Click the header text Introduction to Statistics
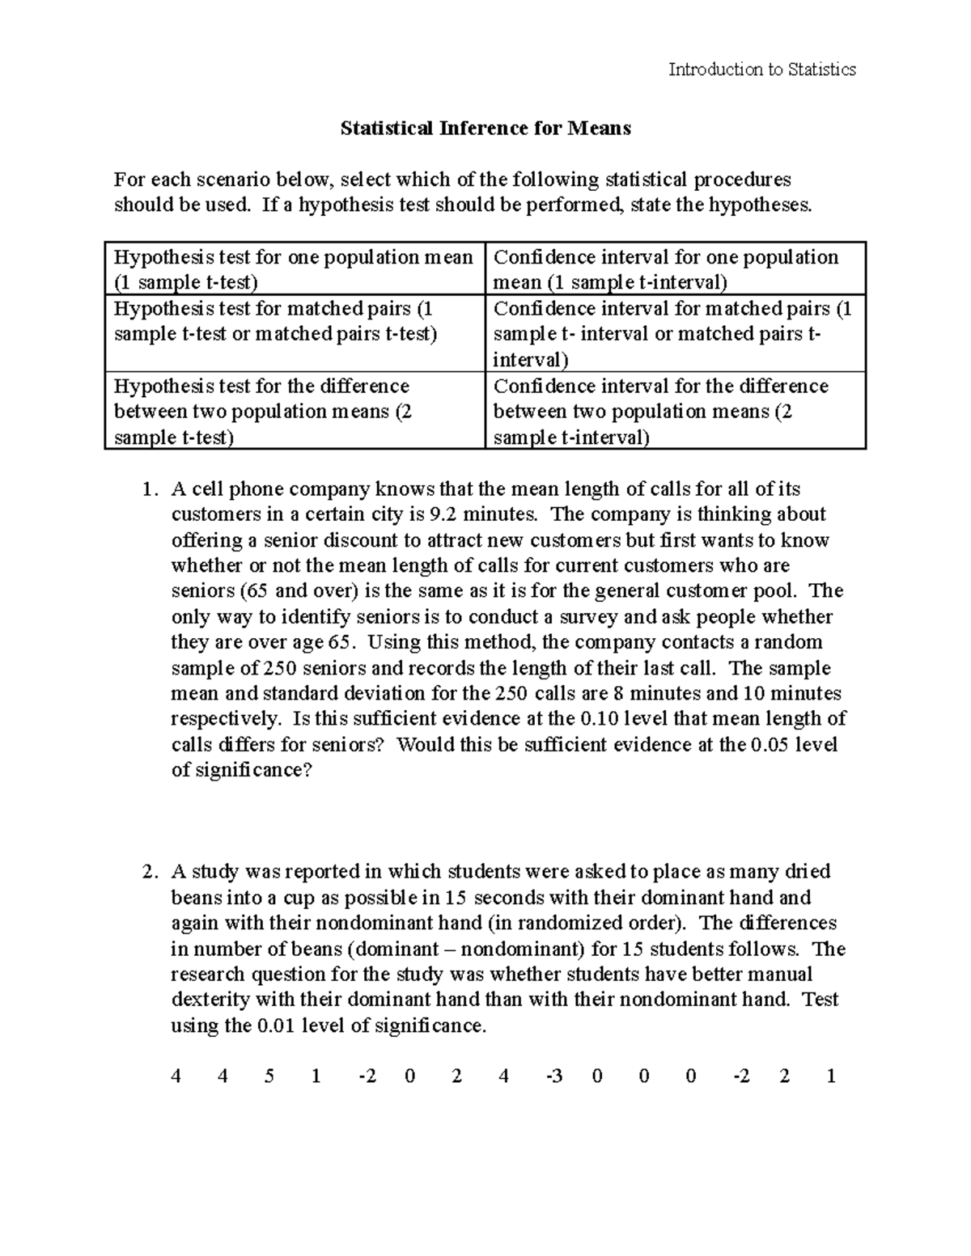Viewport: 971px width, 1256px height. point(761,70)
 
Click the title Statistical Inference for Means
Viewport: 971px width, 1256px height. point(485,128)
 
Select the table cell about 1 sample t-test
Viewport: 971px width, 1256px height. point(294,269)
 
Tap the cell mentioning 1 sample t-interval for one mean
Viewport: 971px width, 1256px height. point(675,269)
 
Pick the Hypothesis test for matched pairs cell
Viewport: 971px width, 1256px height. point(294,321)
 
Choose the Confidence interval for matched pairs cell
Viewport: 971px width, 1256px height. point(675,333)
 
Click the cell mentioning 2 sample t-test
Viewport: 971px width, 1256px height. point(294,412)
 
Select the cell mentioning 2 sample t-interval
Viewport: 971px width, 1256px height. point(675,412)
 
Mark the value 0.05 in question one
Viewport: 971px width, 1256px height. point(769,744)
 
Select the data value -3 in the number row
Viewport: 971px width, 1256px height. point(553,1076)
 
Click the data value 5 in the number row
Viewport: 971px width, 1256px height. point(269,1076)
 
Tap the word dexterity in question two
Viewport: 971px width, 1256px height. point(205,1000)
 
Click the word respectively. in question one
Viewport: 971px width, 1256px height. point(226,719)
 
